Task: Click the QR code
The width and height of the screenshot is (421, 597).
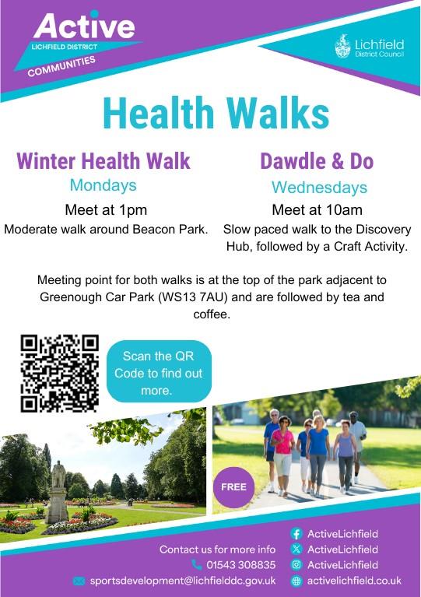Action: tap(60, 374)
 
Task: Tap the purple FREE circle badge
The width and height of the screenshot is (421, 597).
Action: tap(233, 487)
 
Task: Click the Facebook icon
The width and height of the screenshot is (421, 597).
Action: tap(296, 534)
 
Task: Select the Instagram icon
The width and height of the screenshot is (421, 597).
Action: tap(296, 564)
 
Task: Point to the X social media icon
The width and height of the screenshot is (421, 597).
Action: tap(296, 549)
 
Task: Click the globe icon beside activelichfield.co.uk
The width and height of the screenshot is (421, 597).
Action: tap(296, 581)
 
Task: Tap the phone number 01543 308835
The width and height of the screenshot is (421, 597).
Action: tap(241, 564)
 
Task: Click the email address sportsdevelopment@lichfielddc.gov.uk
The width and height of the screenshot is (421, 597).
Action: tap(183, 581)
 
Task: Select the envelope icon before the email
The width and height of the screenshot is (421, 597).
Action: tap(79, 581)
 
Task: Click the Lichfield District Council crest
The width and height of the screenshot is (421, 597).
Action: tap(342, 46)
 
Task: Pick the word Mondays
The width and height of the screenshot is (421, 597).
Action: tap(103, 185)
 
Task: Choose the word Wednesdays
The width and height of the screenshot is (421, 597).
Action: tap(319, 188)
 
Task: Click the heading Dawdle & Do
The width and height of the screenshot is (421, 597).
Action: tap(317, 160)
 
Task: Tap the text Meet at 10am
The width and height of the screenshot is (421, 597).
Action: tap(317, 210)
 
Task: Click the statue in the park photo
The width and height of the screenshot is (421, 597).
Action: tap(58, 491)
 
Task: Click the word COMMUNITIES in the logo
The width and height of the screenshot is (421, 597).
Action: tap(61, 66)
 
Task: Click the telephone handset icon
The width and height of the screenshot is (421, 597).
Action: tap(196, 564)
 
